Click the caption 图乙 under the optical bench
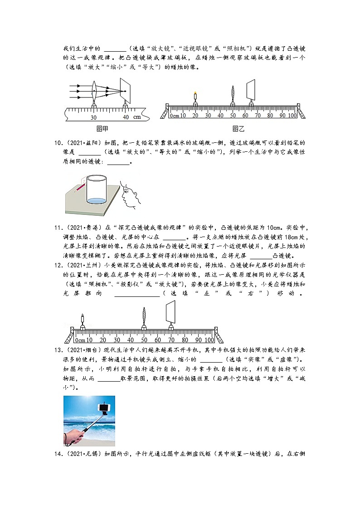click(238, 129)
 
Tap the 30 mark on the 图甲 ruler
click(94, 117)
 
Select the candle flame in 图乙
click(195, 94)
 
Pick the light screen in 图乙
click(251, 91)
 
